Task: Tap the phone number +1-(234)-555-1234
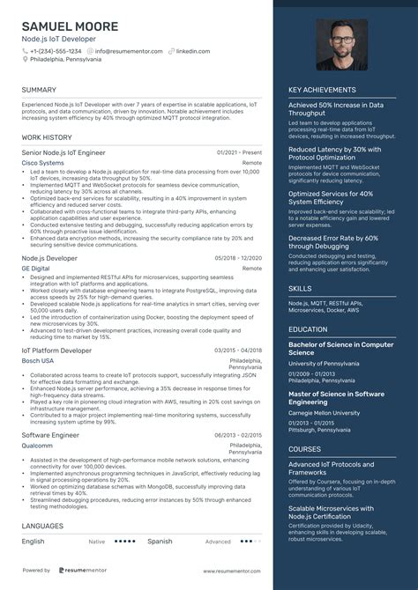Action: (56, 51)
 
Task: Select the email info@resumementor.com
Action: (129, 51)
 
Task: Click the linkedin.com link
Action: (192, 51)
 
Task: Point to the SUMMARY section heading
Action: (39, 90)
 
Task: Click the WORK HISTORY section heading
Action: (47, 138)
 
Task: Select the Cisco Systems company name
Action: (42, 163)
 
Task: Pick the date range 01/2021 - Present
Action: (239, 152)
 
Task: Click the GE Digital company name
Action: (35, 268)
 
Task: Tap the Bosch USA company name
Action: (37, 360)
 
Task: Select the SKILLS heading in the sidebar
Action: (300, 288)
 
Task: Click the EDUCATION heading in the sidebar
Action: (308, 329)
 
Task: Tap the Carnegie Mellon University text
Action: (324, 412)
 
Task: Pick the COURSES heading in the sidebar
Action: (304, 449)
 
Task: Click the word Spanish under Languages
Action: (160, 542)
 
